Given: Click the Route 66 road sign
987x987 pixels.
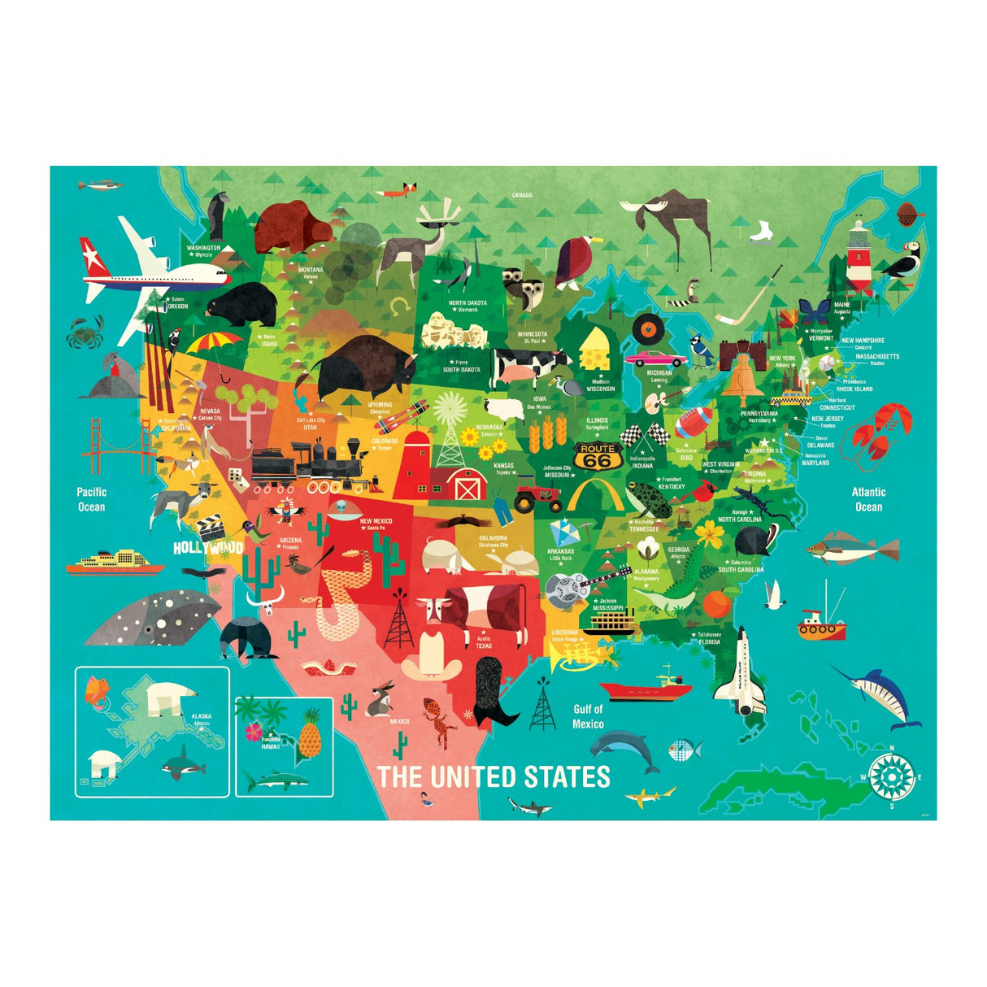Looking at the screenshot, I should coord(598,456).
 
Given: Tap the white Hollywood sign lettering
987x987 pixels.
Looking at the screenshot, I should coord(208,547).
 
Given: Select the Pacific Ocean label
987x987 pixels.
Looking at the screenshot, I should coord(91,499).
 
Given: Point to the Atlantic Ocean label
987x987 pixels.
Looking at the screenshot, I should coord(868,499).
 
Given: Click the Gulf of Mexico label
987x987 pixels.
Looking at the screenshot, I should coord(588,716).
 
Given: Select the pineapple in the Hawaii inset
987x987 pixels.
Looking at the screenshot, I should coord(309,733).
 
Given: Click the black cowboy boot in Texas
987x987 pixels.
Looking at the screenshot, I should coord(493,692).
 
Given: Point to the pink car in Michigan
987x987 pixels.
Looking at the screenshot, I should coord(655,358).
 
